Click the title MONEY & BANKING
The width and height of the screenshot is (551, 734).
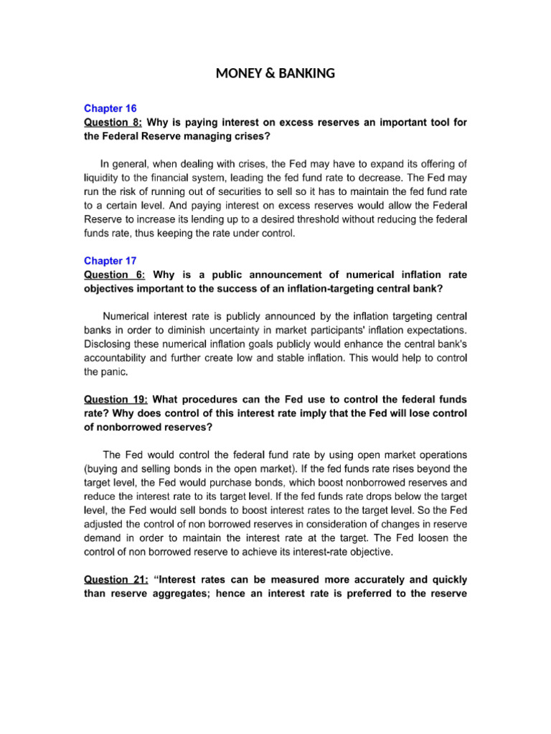tap(275, 72)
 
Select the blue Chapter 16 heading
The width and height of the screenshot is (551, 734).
tap(110, 109)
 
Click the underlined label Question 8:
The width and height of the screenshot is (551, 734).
tap(113, 123)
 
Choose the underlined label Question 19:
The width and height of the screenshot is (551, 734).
tap(116, 399)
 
